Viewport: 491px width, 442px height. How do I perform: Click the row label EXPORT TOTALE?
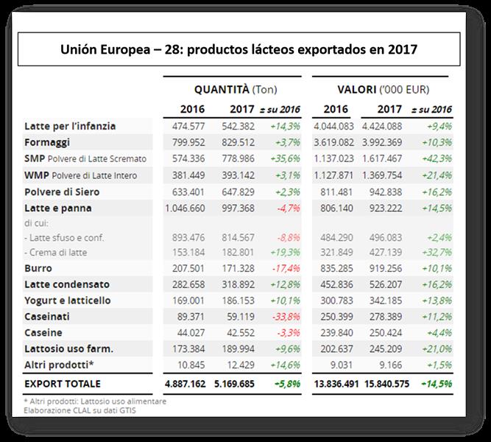[63, 384]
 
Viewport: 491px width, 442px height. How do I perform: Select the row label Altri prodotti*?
[59, 364]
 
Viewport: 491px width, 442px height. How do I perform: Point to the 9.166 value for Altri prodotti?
[391, 364]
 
